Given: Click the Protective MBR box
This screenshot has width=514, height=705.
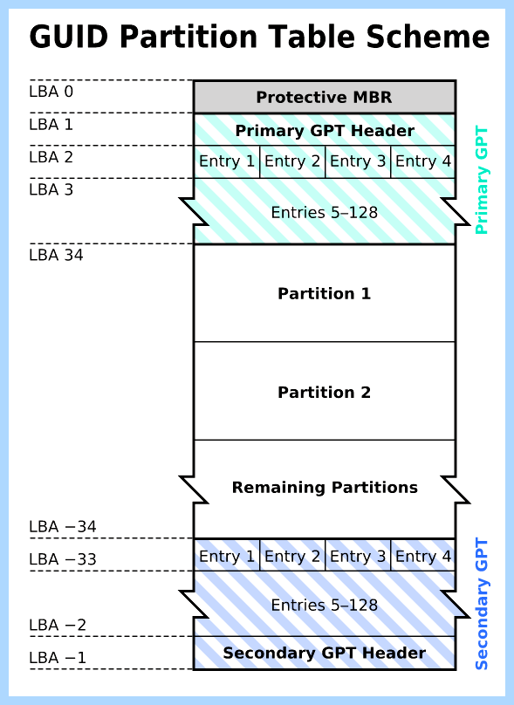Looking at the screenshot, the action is click(325, 97).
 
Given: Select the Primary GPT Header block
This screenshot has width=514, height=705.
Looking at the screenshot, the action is click(325, 130).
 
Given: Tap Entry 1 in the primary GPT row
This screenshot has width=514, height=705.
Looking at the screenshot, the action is click(227, 161).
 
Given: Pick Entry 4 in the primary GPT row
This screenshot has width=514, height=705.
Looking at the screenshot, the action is click(423, 161).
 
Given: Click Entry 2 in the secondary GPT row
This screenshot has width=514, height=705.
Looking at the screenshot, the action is click(292, 556).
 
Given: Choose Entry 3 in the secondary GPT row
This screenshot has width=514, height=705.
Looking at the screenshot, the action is click(358, 556).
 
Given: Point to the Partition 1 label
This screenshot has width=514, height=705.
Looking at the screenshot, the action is click(325, 293).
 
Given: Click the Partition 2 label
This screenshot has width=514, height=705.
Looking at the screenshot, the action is click(325, 392).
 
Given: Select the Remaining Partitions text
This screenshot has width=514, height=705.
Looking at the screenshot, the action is click(325, 488).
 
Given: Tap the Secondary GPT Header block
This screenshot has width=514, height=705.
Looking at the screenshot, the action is click(325, 653).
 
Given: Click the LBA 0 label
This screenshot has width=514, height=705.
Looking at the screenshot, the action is click(51, 92).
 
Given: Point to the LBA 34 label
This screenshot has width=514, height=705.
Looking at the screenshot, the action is click(56, 256).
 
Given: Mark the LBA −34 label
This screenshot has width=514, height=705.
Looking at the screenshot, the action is click(63, 526).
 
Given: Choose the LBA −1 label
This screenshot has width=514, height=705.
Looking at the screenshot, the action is click(58, 658).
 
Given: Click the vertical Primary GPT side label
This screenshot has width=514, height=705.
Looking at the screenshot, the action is click(481, 180).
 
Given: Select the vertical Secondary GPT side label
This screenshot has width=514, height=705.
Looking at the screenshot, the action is click(481, 604).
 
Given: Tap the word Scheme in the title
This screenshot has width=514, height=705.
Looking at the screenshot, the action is click(428, 37).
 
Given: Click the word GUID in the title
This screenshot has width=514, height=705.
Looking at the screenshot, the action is click(69, 37).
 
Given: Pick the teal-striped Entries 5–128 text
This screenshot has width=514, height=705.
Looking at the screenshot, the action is click(325, 212).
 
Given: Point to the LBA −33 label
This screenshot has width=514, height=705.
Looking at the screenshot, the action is click(63, 559).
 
